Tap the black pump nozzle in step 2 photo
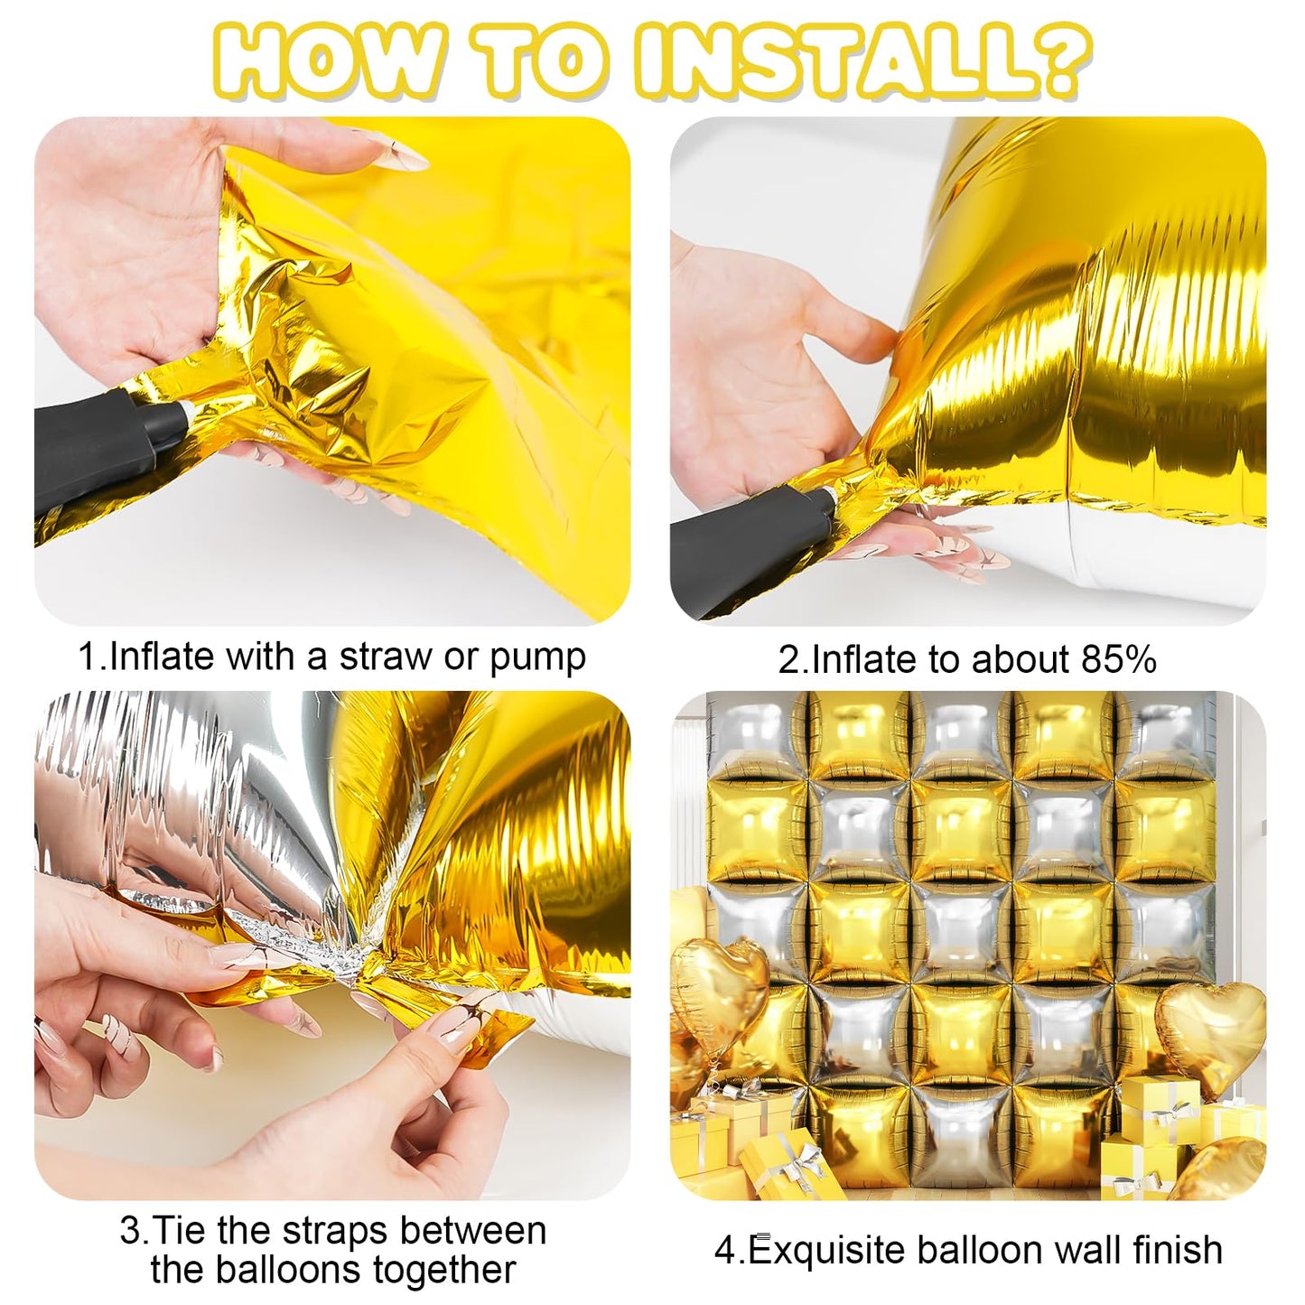(751, 542)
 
